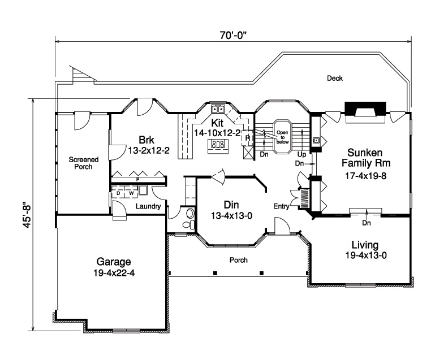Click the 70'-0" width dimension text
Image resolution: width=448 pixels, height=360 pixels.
[232, 34]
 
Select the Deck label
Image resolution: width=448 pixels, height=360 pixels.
[335, 79]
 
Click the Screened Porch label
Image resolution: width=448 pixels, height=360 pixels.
[84, 163]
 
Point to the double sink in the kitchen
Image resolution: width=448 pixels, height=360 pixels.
[218, 109]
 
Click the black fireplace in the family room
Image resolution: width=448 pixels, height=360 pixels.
[366, 108]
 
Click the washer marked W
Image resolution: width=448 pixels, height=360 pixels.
[131, 193]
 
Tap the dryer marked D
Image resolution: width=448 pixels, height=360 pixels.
[118, 193]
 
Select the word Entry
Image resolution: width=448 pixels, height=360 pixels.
[281, 207]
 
